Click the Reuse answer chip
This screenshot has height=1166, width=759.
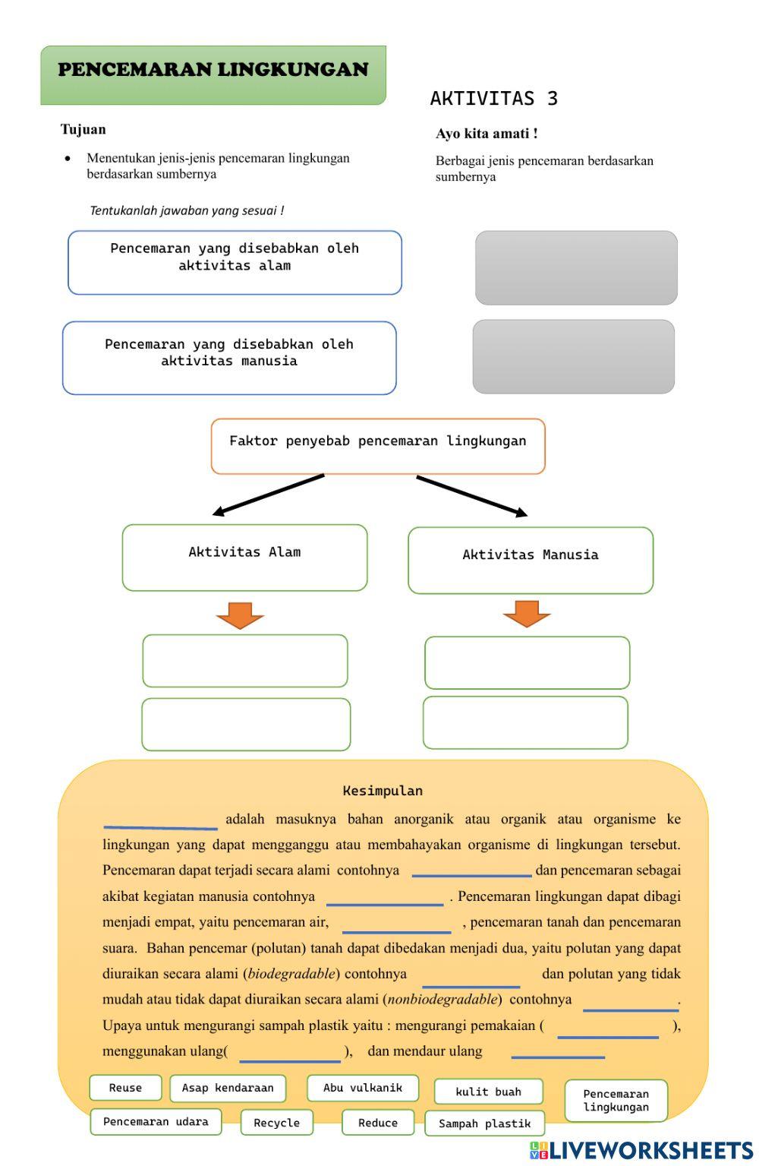click(x=125, y=1088)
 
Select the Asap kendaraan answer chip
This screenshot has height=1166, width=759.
click(x=228, y=1088)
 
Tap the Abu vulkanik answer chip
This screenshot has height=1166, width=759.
click(x=363, y=1088)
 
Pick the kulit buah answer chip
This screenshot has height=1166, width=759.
click(x=488, y=1092)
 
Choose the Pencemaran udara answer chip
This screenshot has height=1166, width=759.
click(x=156, y=1121)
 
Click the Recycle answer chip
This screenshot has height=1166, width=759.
click(x=276, y=1123)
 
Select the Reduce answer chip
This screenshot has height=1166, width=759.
click(x=377, y=1123)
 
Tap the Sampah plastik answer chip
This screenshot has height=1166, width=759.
click(x=484, y=1123)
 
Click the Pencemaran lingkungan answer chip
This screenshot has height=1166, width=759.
click(x=616, y=1100)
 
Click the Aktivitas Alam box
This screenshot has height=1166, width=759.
click(x=244, y=557)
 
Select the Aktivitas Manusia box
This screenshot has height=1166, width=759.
click(x=531, y=560)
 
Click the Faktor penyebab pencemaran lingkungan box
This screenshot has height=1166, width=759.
click(x=378, y=446)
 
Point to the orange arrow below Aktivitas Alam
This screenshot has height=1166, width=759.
click(x=240, y=615)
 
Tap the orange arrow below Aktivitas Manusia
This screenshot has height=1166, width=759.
click(x=527, y=613)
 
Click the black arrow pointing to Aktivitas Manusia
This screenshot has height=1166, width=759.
click(x=471, y=496)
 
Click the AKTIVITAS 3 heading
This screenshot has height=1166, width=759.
click(x=493, y=98)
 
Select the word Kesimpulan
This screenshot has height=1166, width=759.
click(x=383, y=791)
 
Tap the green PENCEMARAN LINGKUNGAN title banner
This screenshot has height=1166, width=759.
click(x=213, y=74)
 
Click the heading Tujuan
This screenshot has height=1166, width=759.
click(x=83, y=129)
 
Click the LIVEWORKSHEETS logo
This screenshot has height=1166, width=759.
click(x=641, y=1150)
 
